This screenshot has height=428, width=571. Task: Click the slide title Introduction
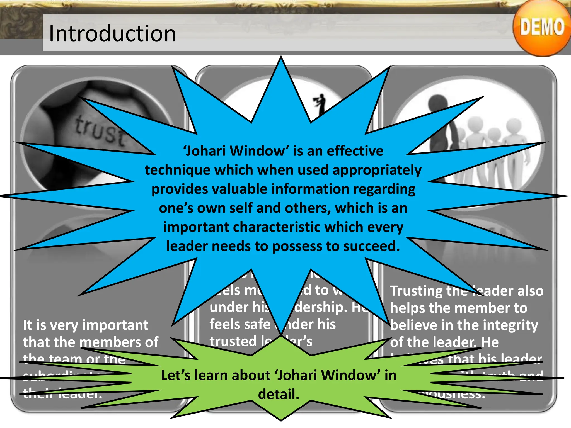tap(112, 33)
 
